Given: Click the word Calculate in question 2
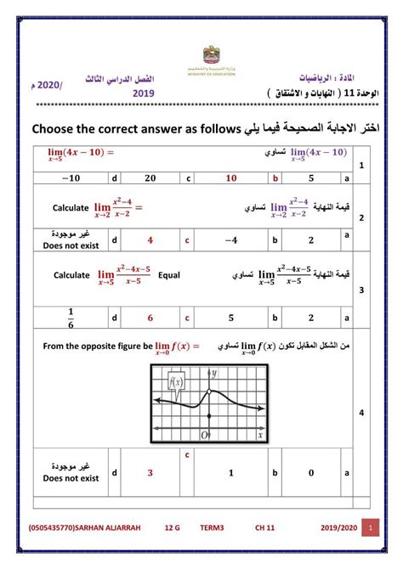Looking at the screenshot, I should [x=71, y=207].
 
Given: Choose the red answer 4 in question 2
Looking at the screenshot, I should [x=150, y=240].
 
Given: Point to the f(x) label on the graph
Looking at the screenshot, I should [x=177, y=382].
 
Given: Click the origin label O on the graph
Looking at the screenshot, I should [x=205, y=435].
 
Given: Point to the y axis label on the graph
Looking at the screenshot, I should [x=215, y=373].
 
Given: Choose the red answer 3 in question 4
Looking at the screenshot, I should [x=150, y=473].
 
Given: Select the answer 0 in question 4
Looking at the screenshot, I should [x=311, y=473].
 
